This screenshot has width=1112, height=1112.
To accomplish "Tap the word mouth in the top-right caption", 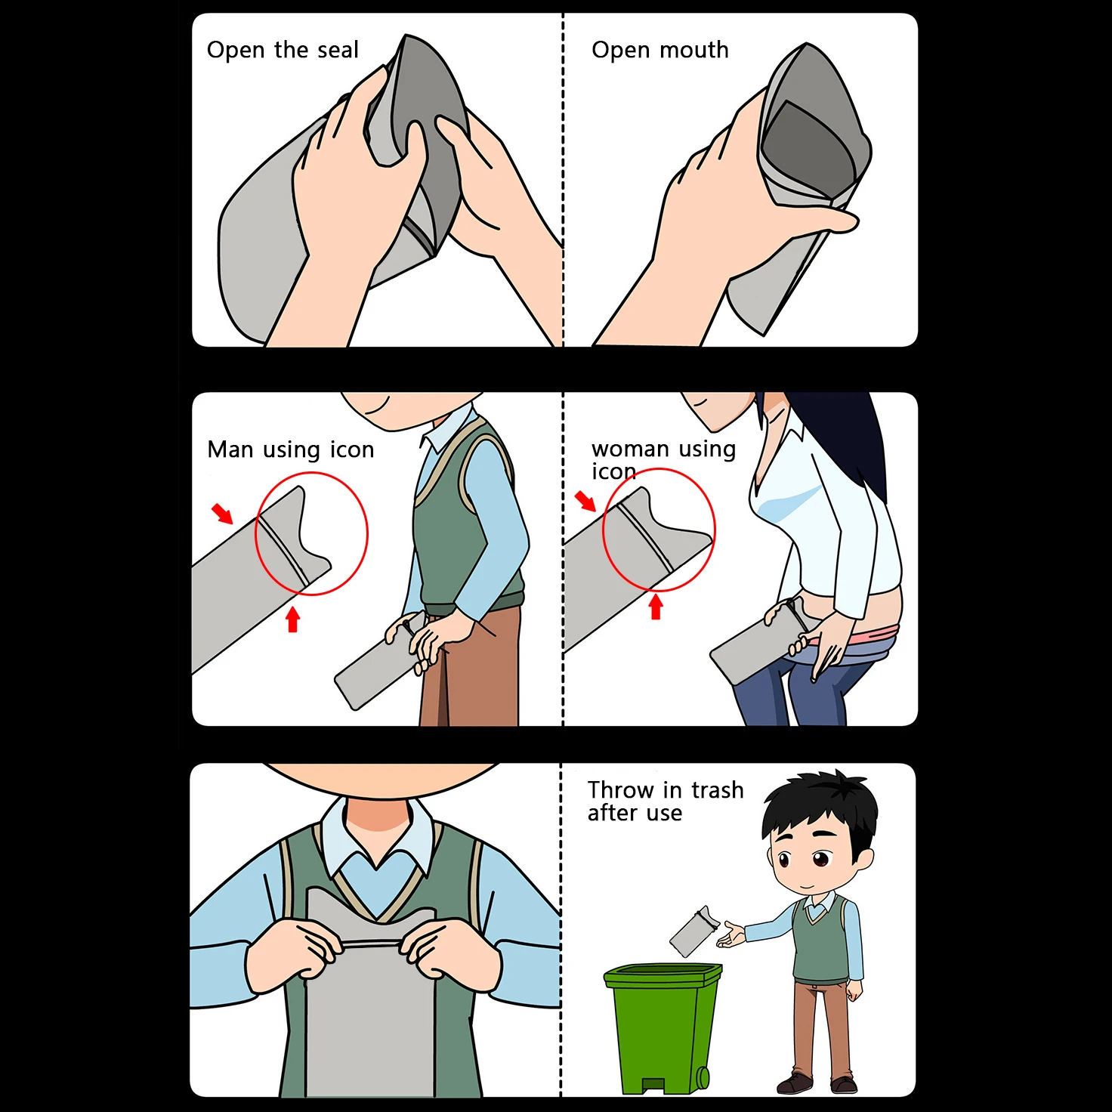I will [x=693, y=50].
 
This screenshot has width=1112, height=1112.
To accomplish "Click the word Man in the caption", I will [x=230, y=449].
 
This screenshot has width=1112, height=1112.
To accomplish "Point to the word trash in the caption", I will [x=717, y=790].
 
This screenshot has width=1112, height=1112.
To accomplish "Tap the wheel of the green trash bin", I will [x=703, y=1076].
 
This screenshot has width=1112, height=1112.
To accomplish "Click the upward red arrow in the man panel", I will [x=293, y=620].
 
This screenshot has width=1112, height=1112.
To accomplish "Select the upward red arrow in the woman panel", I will [x=656, y=607].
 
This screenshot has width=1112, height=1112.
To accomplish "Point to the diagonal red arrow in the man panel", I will [x=222, y=513].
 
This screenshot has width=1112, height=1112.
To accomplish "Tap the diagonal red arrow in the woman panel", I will [x=585, y=500].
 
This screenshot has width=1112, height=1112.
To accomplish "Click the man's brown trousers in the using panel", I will [x=483, y=672].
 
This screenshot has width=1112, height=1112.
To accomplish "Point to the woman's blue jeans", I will [x=763, y=695].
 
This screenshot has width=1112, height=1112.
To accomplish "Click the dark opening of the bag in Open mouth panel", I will [x=808, y=151].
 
